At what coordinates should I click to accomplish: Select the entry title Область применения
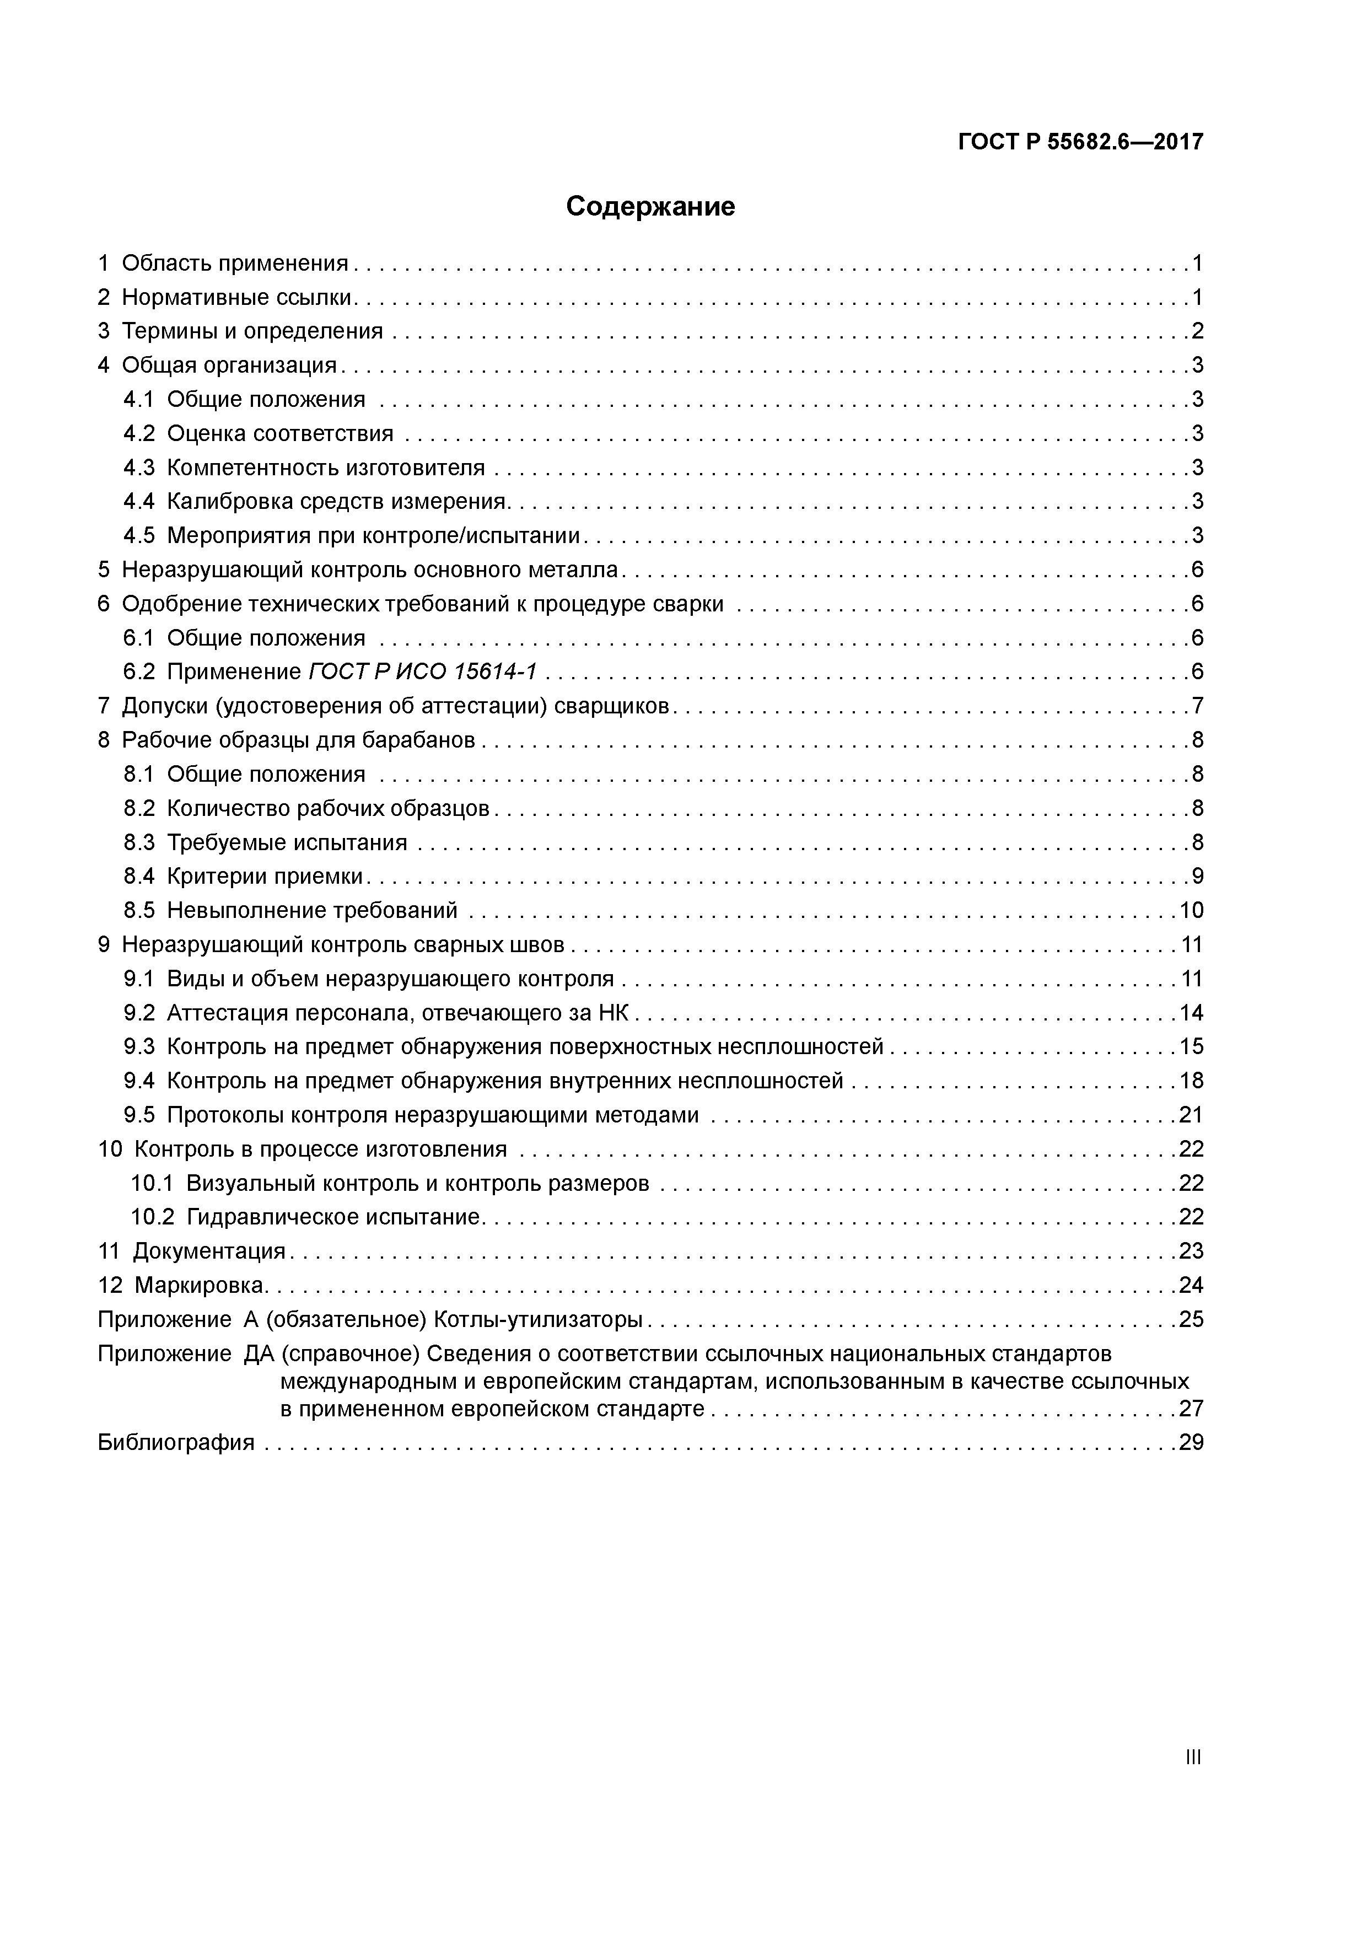click(235, 264)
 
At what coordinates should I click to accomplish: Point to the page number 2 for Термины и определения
click(1197, 331)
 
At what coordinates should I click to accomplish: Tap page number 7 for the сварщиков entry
click(1197, 706)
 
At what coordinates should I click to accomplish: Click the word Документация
click(209, 1251)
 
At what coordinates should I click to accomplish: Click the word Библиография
click(176, 1443)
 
